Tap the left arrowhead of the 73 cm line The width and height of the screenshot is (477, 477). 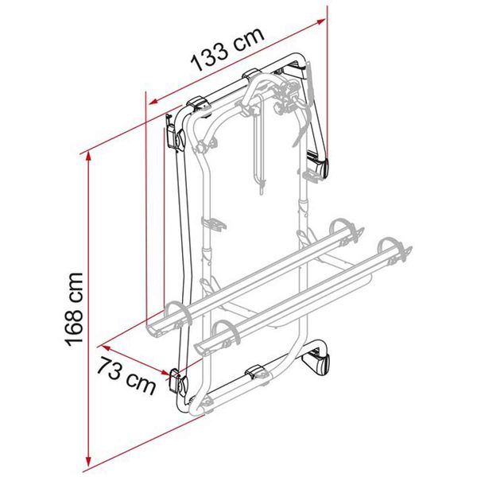104,346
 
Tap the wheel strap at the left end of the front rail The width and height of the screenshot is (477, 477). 221,335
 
